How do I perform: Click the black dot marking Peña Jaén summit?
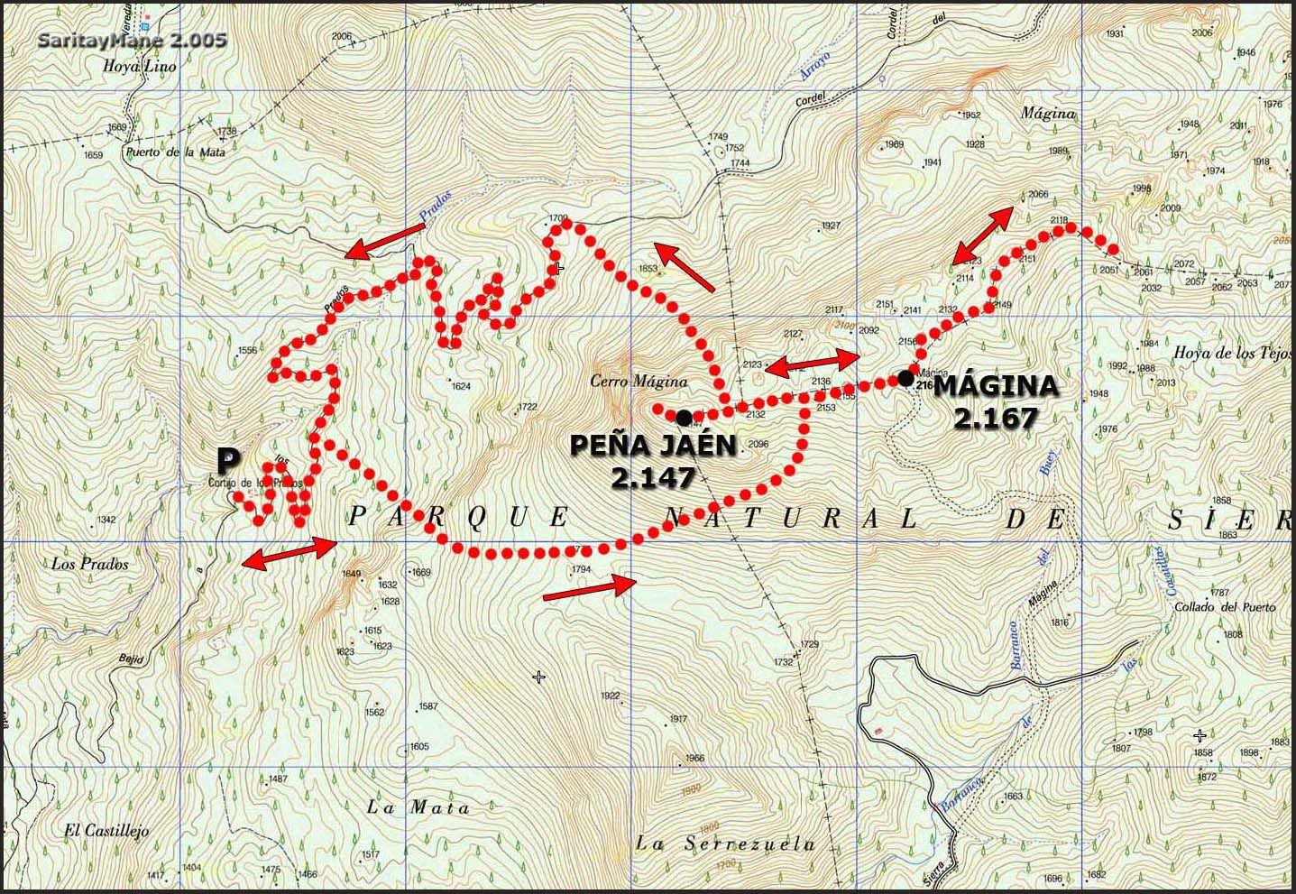click(684, 417)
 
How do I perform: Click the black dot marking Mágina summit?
click(905, 378)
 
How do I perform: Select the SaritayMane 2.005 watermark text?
click(133, 41)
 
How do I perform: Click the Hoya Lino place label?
click(140, 66)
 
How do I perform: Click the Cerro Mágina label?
click(639, 382)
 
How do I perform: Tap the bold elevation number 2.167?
click(997, 418)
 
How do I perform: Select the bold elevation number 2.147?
click(652, 477)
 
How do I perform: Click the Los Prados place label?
click(90, 565)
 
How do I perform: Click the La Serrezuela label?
click(725, 844)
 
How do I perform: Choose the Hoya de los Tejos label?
click(1233, 353)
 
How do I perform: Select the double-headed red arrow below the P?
click(290, 552)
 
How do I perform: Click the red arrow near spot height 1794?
click(591, 586)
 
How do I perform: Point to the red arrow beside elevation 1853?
click(685, 266)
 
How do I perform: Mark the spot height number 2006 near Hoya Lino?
click(342, 37)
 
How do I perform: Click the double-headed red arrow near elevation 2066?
click(984, 233)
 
